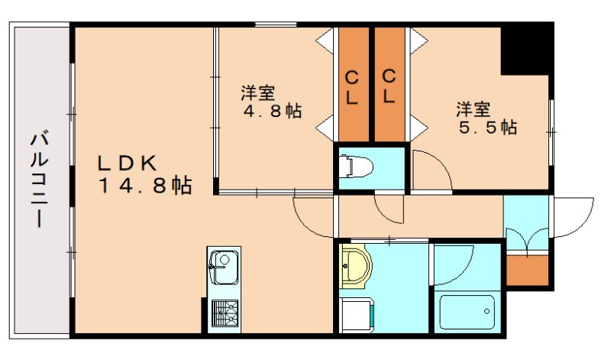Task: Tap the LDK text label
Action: [126, 164]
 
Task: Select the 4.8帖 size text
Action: [273, 112]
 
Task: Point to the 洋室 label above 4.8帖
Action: [258, 93]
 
